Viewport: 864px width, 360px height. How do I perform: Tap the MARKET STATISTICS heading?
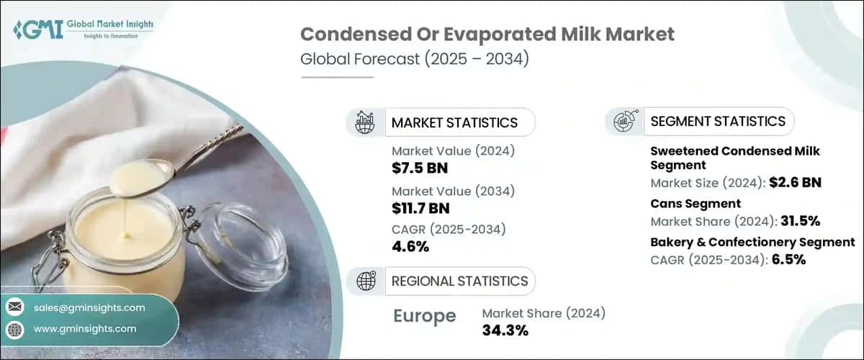[454, 122]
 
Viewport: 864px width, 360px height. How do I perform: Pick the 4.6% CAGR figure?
[410, 246]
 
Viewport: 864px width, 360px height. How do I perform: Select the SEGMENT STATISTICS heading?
[717, 122]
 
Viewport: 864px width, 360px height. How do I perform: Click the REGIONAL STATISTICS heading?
[459, 281]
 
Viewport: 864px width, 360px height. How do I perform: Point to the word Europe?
[425, 315]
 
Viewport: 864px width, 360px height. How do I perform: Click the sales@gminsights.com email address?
[90, 307]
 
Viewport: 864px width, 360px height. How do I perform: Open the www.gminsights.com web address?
[85, 328]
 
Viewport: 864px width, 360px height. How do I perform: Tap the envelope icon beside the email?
[15, 307]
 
